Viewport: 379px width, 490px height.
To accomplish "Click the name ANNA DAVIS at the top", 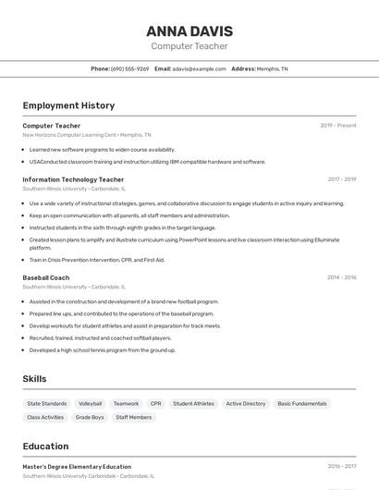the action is click(189, 31).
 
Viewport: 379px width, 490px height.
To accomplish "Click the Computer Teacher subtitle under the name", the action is click(189, 46).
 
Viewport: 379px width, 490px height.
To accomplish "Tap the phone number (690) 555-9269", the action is click(129, 68).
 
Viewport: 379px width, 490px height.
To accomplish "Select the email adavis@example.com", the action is click(200, 68).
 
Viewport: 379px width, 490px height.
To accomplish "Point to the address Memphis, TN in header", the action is click(272, 68).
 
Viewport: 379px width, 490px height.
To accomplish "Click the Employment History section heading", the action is click(68, 105).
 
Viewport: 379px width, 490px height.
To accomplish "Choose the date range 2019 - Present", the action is click(338, 126).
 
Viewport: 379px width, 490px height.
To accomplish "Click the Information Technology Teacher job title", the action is click(73, 179).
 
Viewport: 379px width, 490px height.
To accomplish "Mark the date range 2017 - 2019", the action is click(341, 179).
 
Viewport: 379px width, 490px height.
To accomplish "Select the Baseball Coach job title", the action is click(46, 277).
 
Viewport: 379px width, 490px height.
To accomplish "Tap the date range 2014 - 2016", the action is click(341, 277).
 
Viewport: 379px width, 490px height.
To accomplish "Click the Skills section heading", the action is click(35, 379).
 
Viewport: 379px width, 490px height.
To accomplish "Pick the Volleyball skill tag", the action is click(91, 404).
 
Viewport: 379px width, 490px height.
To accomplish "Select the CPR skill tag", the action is click(156, 404).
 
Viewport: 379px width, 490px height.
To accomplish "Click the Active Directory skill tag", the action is click(246, 404).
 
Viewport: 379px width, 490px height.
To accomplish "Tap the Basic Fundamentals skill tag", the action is click(302, 404).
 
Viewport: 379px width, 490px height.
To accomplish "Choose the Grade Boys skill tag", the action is click(90, 417).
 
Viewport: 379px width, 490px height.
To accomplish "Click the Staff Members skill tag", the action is click(134, 417).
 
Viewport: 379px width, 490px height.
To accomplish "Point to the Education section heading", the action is click(46, 446).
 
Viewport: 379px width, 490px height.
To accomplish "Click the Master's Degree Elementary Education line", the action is click(77, 467).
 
